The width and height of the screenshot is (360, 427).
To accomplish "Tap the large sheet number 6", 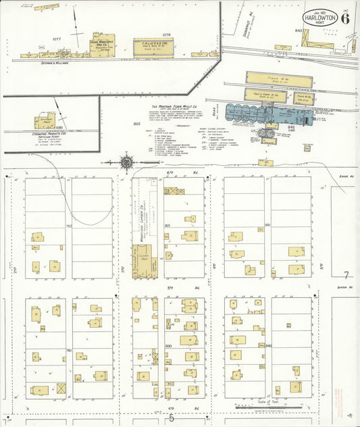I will pyautogui.click(x=345, y=18).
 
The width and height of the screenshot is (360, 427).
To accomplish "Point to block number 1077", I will pyautogui.click(x=57, y=40).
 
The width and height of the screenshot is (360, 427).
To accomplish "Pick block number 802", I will pyautogui.click(x=136, y=124).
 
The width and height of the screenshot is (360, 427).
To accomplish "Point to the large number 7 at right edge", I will pyautogui.click(x=346, y=276).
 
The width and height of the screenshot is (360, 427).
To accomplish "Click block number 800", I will pyautogui.click(x=168, y=345).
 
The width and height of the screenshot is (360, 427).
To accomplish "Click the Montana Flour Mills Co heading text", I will pyautogui.click(x=176, y=107).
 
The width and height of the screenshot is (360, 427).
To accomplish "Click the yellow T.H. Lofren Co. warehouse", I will pyautogui.click(x=153, y=47).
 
